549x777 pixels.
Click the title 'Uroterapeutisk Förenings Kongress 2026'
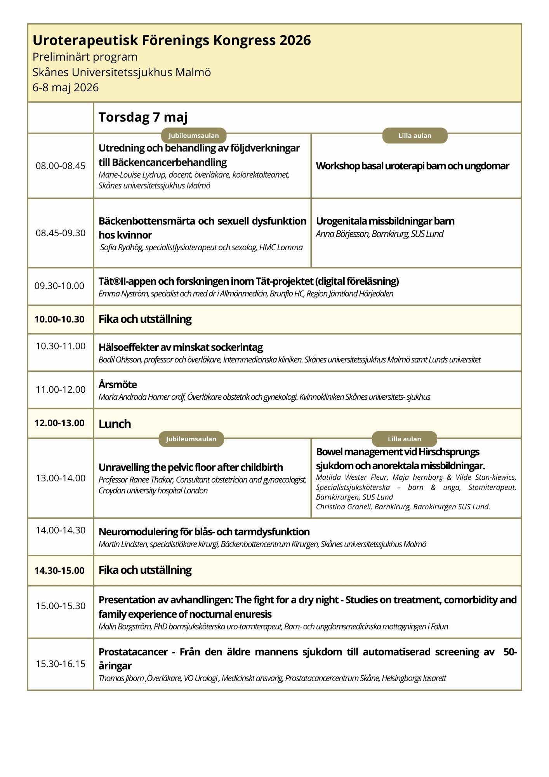[x=172, y=40]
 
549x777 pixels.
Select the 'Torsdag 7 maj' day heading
[x=143, y=117]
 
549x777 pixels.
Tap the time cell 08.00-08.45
[x=61, y=166]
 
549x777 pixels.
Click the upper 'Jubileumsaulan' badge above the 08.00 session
[x=194, y=136]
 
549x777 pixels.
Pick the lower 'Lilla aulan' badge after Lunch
[x=404, y=439]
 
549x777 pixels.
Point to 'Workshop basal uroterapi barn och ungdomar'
[x=412, y=166]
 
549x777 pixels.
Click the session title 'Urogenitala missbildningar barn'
[x=385, y=221]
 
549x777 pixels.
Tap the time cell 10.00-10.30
[x=59, y=319]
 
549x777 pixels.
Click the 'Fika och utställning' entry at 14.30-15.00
[x=145, y=570]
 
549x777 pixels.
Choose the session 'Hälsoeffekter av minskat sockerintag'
[x=181, y=347]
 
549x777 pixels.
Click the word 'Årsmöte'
[x=118, y=385]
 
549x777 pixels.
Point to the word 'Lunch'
[x=115, y=424]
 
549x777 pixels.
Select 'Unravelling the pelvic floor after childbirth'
[x=191, y=467]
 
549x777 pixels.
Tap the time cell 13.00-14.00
[x=61, y=478]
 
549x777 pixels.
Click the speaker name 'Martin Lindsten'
[x=123, y=544]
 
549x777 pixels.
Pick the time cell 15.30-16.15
[x=61, y=664]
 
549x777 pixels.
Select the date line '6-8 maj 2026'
[x=66, y=87]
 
